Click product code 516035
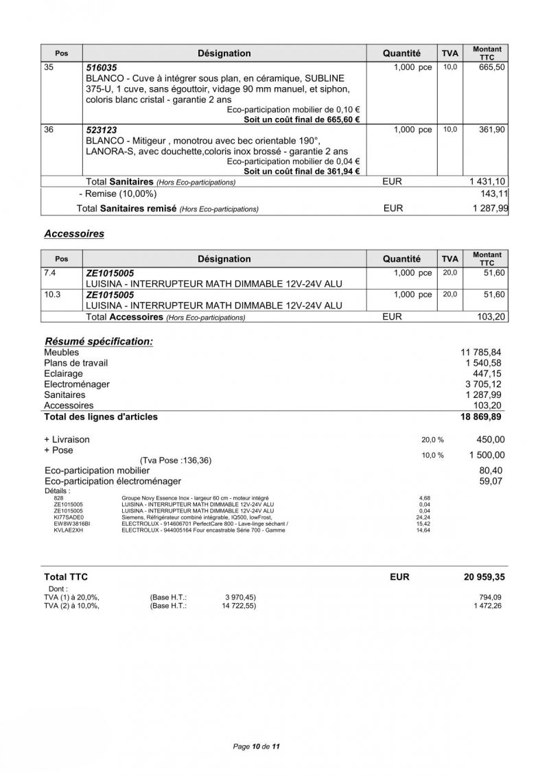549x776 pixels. (x=101, y=68)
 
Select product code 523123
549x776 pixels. (x=101, y=130)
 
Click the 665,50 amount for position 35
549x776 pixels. (x=491, y=67)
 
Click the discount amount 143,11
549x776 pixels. (x=492, y=194)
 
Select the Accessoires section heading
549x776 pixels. (x=74, y=234)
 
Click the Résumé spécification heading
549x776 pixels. (x=99, y=341)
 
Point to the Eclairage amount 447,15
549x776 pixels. (x=489, y=373)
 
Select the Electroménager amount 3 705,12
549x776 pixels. (x=484, y=384)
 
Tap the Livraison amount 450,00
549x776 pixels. (x=490, y=440)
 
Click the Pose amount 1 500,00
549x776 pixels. (x=487, y=455)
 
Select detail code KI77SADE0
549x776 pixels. (x=67, y=517)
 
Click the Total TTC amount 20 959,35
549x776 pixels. (x=484, y=578)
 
